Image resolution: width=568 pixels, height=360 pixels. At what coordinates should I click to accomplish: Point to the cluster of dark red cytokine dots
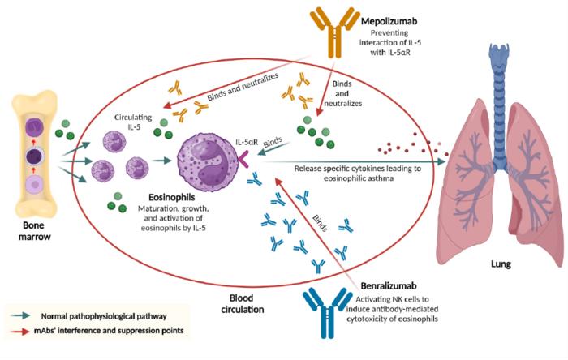pyautogui.click(x=409, y=145)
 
